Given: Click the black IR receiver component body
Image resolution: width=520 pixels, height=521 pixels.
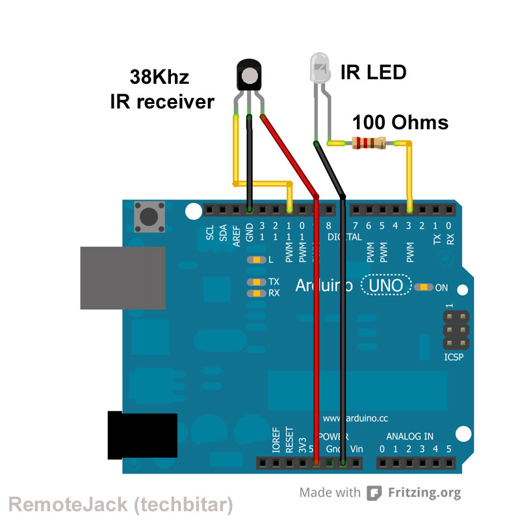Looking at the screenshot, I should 250,74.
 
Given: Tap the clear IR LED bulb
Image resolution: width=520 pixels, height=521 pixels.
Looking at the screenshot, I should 318,68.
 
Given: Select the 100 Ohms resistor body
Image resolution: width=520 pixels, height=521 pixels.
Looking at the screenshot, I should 368,142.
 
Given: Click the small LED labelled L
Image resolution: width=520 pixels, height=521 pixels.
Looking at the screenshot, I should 256,260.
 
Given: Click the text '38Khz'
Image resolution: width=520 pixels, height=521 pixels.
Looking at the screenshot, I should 159,78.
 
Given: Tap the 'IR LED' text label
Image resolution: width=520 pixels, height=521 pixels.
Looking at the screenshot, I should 373,72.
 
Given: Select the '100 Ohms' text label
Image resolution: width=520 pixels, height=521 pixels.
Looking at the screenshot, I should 400,122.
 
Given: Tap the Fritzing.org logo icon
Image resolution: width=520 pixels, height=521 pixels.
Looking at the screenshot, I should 374,493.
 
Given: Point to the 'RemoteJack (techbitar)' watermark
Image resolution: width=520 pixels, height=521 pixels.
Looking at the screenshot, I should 120,504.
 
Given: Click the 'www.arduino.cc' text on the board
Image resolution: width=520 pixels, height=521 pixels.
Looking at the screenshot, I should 356,418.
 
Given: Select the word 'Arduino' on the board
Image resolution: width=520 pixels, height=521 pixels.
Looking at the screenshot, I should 324,285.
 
